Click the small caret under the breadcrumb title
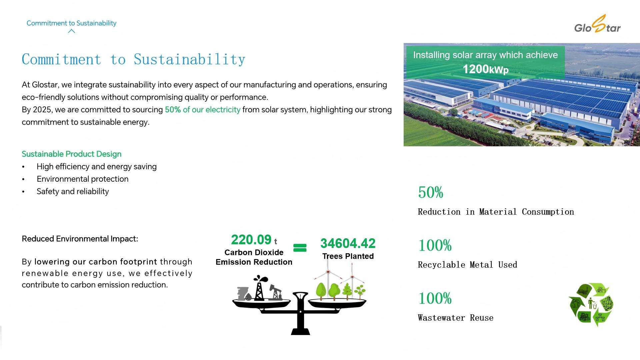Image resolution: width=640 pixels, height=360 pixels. click(x=71, y=31)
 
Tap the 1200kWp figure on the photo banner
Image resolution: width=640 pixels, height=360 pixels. click(x=485, y=69)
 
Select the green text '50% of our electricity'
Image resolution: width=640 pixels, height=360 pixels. click(x=202, y=110)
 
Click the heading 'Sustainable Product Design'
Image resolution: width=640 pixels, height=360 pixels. click(x=71, y=154)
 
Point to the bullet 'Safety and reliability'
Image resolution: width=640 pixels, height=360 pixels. click(x=73, y=191)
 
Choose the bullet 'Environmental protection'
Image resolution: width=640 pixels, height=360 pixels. click(x=82, y=179)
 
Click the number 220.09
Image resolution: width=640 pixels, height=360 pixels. click(x=251, y=240)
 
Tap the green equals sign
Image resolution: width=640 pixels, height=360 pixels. click(x=300, y=248)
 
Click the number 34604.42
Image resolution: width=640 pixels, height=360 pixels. click(x=348, y=243)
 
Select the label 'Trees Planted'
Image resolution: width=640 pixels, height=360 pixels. click(x=348, y=256)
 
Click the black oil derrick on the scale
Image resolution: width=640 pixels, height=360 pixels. click(x=259, y=288)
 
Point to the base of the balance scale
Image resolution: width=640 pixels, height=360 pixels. click(x=300, y=331)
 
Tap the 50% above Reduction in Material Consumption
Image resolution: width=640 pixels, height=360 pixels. click(x=430, y=192)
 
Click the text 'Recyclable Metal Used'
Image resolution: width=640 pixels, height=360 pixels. click(x=467, y=265)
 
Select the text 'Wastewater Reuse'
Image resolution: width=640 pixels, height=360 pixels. click(x=455, y=318)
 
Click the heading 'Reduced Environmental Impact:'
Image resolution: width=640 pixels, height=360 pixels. click(x=80, y=239)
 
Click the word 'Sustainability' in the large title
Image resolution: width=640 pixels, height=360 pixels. click(x=189, y=60)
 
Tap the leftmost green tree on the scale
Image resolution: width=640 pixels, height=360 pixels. click(x=321, y=291)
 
